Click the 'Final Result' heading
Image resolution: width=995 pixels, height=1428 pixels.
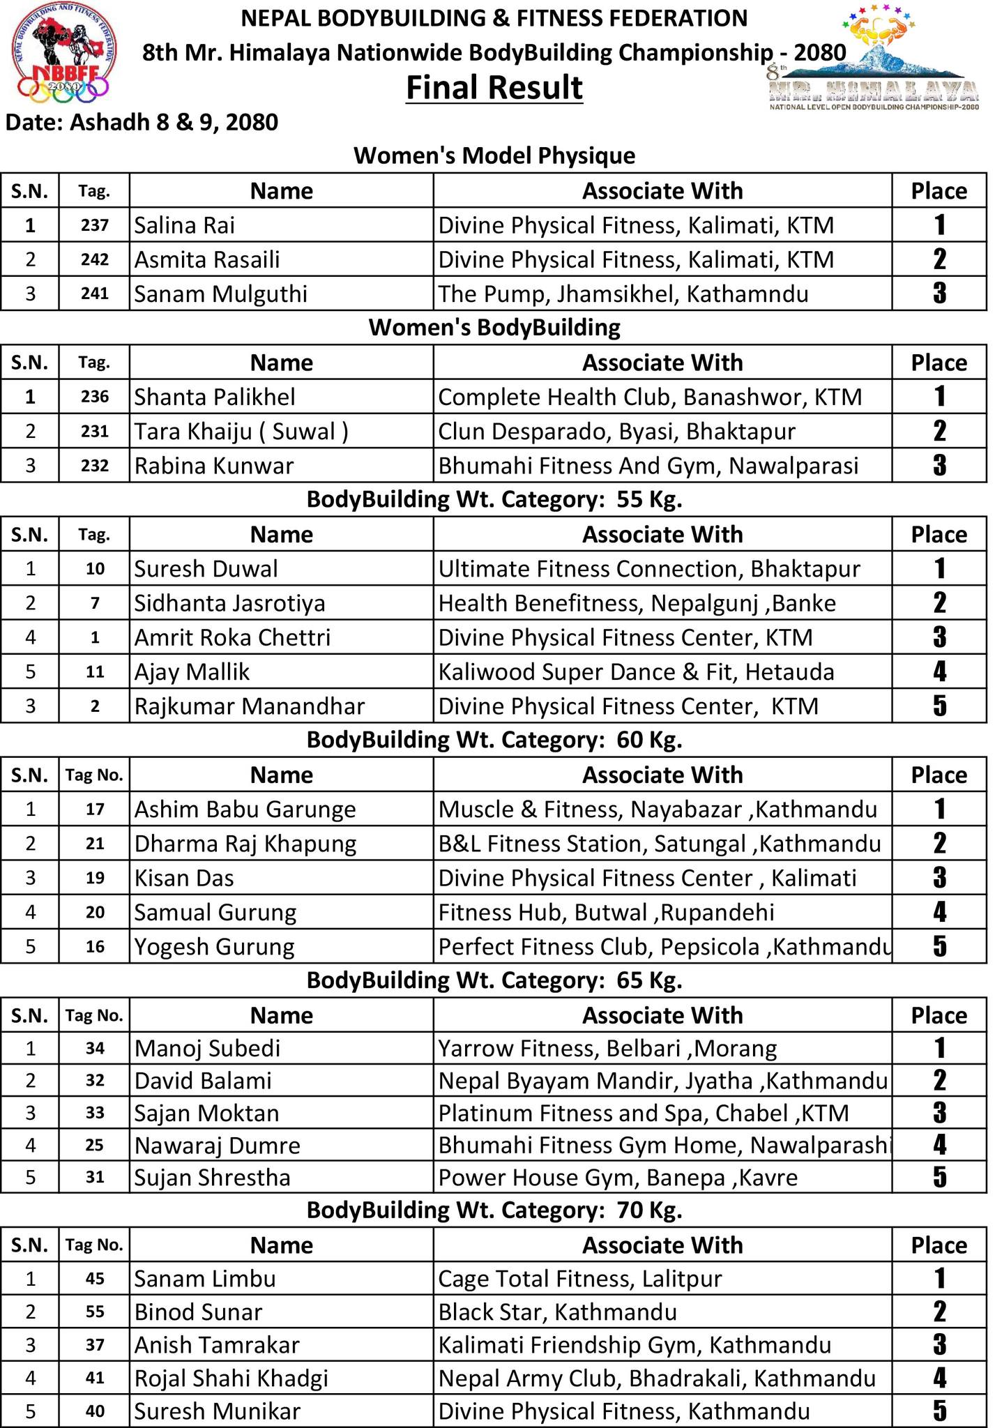[x=494, y=89]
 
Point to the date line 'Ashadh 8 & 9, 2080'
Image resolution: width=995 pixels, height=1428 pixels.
[x=142, y=122]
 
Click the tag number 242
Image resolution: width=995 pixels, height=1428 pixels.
[x=95, y=259]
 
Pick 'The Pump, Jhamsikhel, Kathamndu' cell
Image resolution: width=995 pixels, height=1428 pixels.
[x=623, y=294]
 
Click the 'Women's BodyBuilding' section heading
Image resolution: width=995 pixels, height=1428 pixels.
[x=494, y=327]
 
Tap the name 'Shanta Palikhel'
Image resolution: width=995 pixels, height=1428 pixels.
[x=215, y=397]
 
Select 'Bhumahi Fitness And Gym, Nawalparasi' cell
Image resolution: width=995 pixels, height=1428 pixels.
[x=648, y=465]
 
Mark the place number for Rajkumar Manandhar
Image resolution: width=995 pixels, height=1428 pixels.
[x=939, y=706]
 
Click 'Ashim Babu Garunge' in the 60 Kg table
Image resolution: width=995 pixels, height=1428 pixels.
[x=245, y=809]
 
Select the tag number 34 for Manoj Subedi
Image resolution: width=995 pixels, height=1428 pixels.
[x=95, y=1048]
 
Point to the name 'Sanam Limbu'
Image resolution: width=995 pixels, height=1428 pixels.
[x=205, y=1279]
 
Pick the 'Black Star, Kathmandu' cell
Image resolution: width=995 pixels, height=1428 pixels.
[x=557, y=1312]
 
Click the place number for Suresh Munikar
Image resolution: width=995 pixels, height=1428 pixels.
[x=939, y=1411]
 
